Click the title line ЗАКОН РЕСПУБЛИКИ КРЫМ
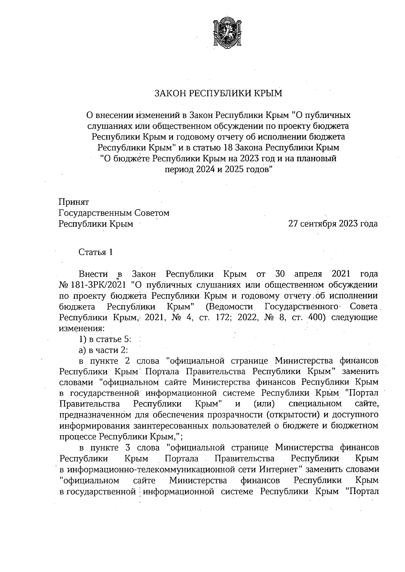tap(218, 93)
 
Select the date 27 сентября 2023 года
tap(332, 224)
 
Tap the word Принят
tap(74, 202)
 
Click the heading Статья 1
tap(96, 252)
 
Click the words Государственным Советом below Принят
tap(114, 213)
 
